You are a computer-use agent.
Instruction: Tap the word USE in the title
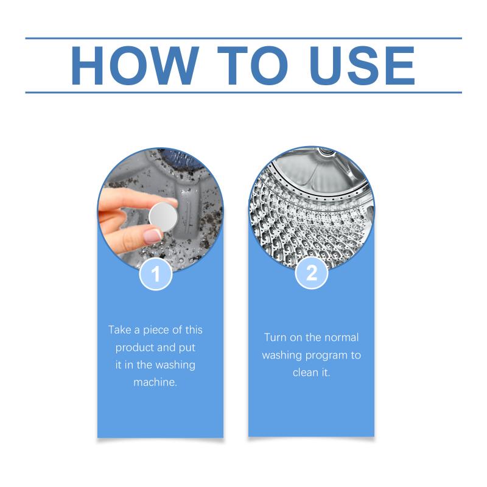362,65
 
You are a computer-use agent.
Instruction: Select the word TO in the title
253,65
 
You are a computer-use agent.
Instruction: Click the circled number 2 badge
312,273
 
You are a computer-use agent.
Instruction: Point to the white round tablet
163,217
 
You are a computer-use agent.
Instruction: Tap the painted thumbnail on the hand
153,237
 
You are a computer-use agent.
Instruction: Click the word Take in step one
120,330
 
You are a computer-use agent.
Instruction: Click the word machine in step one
155,382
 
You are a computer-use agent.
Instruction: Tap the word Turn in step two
275,337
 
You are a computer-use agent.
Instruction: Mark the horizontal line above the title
243,38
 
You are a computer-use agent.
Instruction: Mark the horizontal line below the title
243,93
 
